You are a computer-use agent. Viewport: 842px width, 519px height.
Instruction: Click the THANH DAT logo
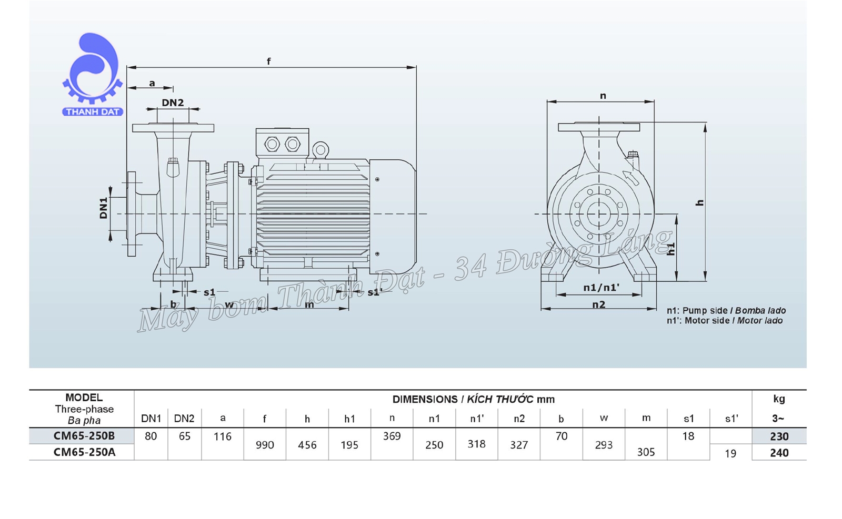pos(92,74)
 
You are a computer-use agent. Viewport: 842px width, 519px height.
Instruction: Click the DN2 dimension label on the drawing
pos(173,103)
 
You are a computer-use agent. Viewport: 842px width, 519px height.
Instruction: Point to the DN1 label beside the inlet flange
pos(104,208)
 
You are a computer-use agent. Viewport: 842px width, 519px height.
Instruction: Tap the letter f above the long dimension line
pos(268,62)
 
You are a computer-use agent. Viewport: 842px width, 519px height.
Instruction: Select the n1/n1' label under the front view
pos(601,288)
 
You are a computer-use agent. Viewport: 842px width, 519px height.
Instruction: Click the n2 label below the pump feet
pos(598,304)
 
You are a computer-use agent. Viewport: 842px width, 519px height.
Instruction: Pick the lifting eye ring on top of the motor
pos(320,150)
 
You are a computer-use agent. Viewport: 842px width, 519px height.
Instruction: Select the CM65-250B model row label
pos(84,436)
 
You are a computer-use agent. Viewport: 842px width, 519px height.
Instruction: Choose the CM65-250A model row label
pos(84,452)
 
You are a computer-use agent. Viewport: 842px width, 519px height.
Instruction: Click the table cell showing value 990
pos(265,445)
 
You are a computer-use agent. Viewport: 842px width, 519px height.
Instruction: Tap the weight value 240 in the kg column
pos(779,453)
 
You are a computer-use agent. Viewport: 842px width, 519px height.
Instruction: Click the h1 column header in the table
pos(349,419)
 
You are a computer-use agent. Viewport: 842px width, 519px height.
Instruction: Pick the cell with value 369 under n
pos(392,436)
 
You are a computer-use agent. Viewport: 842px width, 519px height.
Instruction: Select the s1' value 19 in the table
pos(730,453)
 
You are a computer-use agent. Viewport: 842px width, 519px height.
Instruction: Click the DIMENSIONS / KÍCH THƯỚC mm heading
pos(473,399)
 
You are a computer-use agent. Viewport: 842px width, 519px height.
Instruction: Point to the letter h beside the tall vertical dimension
pos(699,202)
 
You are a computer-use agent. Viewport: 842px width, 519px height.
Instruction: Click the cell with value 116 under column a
pos(223,436)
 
